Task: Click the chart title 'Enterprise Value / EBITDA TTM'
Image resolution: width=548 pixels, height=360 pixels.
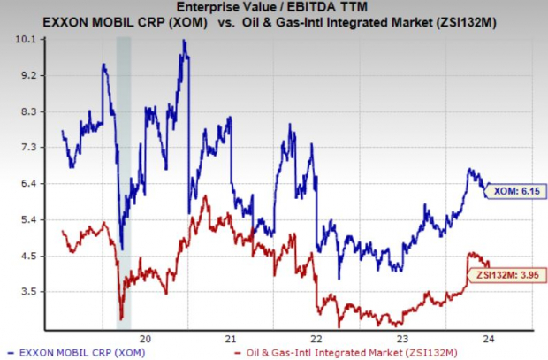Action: point(274,8)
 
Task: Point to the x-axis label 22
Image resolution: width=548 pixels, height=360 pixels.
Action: point(316,337)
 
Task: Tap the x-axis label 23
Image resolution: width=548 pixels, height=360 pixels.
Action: point(400,337)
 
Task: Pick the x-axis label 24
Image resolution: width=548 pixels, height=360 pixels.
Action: point(485,337)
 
